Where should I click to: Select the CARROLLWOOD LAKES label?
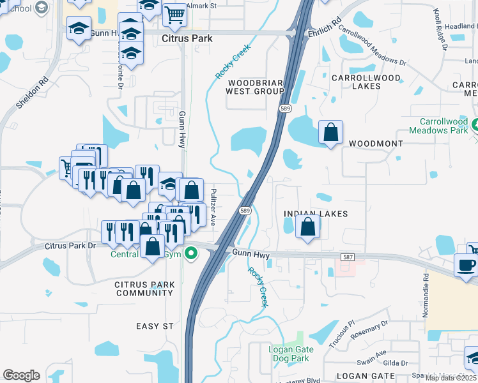tap(366, 82)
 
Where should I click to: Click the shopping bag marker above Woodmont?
tap(330, 133)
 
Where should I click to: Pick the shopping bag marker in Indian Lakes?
tap(307, 227)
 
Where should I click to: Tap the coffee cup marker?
tap(465, 264)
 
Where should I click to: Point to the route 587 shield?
tap(348, 257)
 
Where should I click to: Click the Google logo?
tap(21, 375)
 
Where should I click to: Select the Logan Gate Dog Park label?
tap(291, 354)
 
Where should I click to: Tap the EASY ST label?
tap(155, 326)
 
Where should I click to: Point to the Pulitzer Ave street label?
tap(213, 206)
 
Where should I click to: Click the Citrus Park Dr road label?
tap(70, 246)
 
